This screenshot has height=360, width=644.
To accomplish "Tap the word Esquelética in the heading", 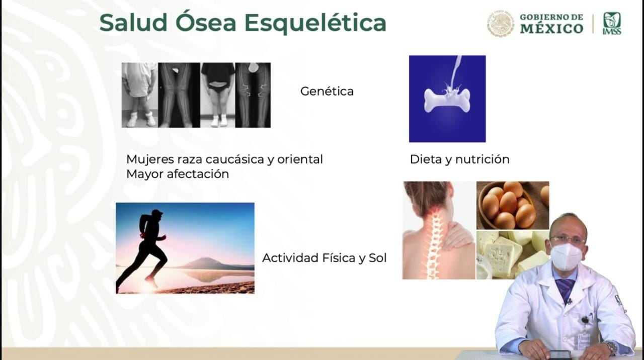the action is click(315, 23).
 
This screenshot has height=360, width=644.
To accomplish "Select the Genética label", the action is click(327, 92).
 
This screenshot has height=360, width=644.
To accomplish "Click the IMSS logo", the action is click(612, 23).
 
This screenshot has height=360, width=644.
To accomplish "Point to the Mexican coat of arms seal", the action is click(501, 24).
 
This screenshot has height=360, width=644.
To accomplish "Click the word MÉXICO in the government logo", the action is click(551, 29).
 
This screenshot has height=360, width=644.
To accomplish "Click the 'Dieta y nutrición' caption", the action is click(459, 159).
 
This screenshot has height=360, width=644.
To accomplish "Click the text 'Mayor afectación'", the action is click(178, 174).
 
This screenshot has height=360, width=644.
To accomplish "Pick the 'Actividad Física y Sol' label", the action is click(324, 258).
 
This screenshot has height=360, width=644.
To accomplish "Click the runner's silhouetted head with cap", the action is click(156, 215).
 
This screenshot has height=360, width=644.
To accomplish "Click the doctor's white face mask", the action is click(566, 256).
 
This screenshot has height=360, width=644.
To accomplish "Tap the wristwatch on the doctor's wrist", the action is click(611, 347).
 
